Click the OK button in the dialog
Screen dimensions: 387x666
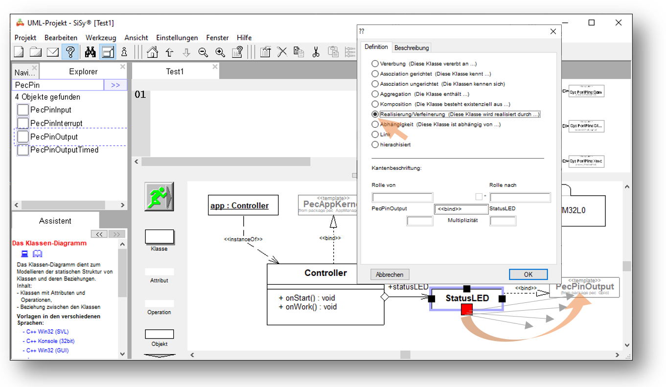[528, 274]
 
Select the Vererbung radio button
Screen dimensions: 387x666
[375, 64]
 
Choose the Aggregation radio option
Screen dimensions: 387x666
[375, 94]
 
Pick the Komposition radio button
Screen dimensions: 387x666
[375, 104]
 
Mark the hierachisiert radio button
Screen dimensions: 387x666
[375, 145]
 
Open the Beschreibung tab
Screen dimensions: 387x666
[412, 48]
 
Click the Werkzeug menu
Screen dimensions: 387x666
[101, 38]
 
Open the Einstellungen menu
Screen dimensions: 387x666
[177, 38]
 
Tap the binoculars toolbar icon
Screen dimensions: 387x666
[90, 52]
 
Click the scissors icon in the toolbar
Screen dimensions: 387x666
[316, 52]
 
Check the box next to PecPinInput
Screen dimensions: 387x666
[23, 110]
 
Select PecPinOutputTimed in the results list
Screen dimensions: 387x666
[64, 150]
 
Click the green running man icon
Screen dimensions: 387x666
[159, 197]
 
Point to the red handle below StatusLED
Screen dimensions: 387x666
[466, 309]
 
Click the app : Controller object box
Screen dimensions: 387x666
[243, 205]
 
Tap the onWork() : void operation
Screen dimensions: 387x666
[307, 307]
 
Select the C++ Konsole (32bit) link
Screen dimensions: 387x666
[50, 341]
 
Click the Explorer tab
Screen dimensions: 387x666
[83, 72]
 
